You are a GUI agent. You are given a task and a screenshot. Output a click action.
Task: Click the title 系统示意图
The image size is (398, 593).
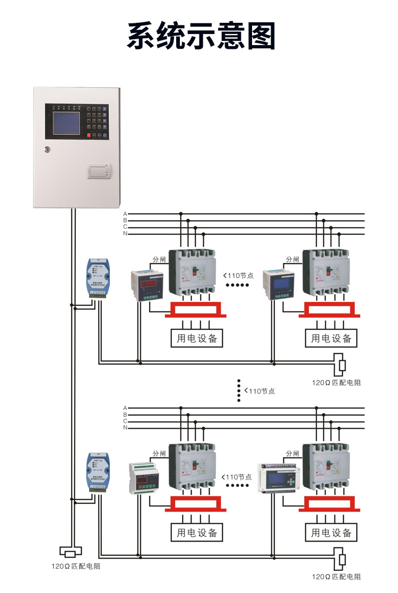pyautogui.click(x=201, y=36)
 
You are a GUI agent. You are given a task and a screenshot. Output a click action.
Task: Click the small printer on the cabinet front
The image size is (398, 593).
pyautogui.click(x=99, y=171)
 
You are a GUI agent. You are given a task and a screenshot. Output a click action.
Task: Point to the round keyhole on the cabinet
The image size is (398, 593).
pyautogui.click(x=48, y=150)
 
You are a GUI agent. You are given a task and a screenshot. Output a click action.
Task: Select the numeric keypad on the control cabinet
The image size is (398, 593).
pyautogui.click(x=97, y=121)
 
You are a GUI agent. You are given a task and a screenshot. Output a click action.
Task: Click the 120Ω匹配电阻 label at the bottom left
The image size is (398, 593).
pyautogui.click(x=75, y=566)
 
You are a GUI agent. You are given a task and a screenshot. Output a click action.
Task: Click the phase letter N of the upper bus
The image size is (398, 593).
pyautogui.click(x=125, y=233)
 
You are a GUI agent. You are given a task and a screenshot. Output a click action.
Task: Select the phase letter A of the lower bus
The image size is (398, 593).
pyautogui.click(x=125, y=408)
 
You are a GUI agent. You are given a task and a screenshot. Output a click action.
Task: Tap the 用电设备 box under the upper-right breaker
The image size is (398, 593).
pyautogui.click(x=331, y=338)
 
